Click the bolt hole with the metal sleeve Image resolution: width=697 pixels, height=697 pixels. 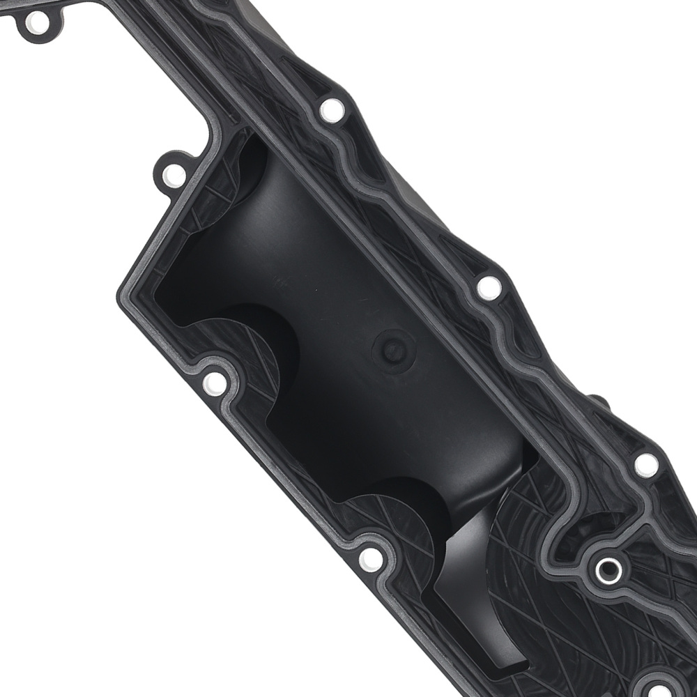point(608,570)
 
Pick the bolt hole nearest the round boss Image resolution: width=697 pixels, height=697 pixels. point(489,287)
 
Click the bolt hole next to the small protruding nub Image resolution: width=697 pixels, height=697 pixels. point(646,464)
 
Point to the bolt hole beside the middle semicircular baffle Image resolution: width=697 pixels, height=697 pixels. point(214,383)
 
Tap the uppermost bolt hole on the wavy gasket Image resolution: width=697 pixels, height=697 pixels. point(332,110)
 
